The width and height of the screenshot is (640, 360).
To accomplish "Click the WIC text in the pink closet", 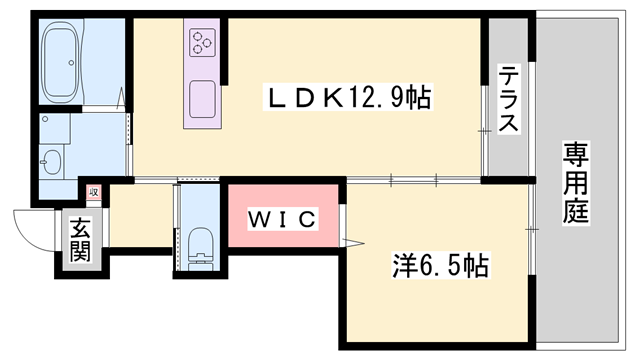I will pos(282,218).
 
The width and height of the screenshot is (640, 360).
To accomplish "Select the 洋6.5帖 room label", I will pos(439,267).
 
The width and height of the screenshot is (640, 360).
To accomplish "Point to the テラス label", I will pos(508,98).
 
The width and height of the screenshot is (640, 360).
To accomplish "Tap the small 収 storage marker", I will pos(93,191).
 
